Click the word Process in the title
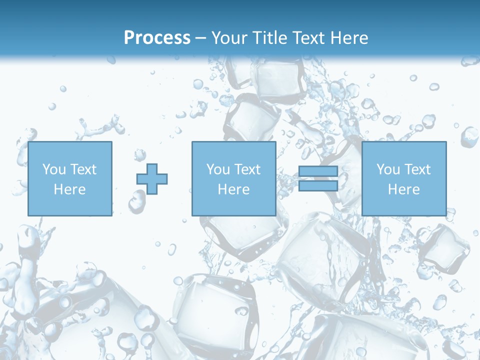point(157,38)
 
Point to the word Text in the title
point(309,38)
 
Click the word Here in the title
point(350,38)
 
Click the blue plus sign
point(152,179)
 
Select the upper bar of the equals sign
point(318,171)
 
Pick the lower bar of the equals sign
point(318,186)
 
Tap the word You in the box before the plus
point(54,169)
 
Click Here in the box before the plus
point(70,189)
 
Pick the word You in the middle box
point(218,169)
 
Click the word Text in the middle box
point(247,169)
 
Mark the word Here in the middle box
point(234,189)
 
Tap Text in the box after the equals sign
point(417,169)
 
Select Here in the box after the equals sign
point(404,189)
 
